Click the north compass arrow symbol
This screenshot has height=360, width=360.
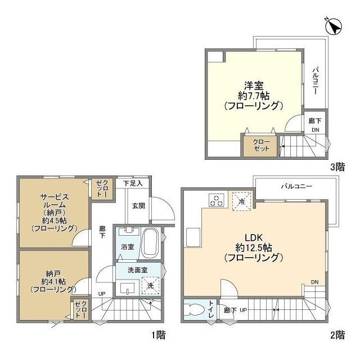click(334, 26)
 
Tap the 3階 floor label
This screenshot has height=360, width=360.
click(337, 167)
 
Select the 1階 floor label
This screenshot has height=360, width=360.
click(158, 335)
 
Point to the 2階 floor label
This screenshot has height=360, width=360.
click(337, 335)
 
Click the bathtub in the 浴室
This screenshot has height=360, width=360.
click(150, 244)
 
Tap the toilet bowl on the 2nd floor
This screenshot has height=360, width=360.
click(195, 310)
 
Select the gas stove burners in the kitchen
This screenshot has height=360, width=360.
click(217, 200)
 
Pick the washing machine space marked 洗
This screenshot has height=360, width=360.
click(150, 286)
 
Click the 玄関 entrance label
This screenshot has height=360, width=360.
click(138, 206)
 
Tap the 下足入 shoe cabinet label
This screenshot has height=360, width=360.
click(133, 183)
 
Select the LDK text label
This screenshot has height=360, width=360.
click(254, 237)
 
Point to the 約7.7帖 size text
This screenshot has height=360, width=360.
click(254, 96)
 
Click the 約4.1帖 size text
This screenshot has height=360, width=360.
click(53, 281)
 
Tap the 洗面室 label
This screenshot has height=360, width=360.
click(137, 270)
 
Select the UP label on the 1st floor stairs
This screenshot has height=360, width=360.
click(102, 294)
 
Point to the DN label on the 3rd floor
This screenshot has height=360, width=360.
click(315, 130)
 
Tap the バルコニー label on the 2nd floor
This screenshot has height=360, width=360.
click(296, 186)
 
